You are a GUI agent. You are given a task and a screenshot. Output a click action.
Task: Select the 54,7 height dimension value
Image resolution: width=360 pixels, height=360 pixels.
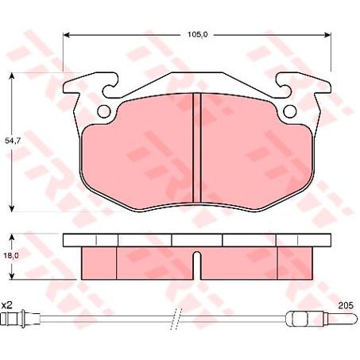click(x=12, y=141)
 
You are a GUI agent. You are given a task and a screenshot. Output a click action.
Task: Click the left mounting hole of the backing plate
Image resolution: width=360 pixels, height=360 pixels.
click(x=103, y=110)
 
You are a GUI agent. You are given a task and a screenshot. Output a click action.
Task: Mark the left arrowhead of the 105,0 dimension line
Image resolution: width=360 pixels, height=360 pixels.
click(x=66, y=35)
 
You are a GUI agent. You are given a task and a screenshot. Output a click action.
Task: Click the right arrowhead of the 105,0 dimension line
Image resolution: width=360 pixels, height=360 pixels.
click(x=328, y=35)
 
